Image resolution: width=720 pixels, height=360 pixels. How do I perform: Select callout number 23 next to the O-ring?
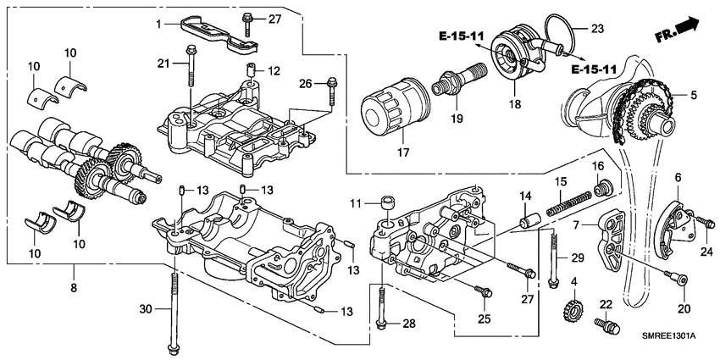tap(597, 28)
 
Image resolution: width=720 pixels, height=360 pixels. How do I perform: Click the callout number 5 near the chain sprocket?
tap(693, 96)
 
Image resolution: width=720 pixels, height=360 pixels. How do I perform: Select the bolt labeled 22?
tap(605, 324)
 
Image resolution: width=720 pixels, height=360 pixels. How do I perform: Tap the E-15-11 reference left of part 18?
tap(462, 36)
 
